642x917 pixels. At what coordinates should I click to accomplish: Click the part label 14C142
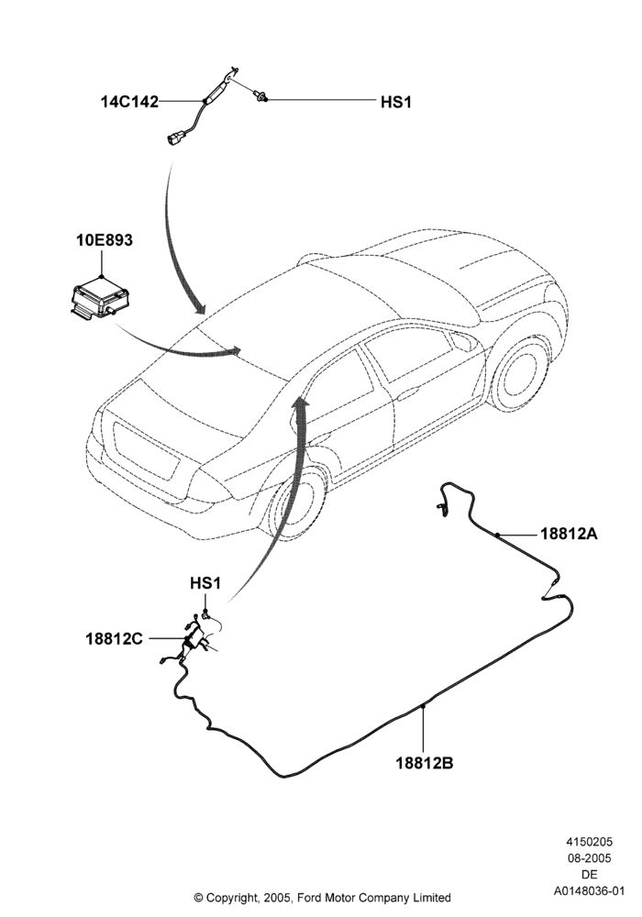pos(129,102)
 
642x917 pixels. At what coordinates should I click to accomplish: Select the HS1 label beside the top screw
pos(396,103)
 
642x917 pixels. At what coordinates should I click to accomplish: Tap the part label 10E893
pos(104,239)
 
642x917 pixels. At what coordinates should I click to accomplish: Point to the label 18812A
pos(569,534)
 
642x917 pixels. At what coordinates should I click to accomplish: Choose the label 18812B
pos(425,763)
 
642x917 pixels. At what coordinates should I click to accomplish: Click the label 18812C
pos(115,638)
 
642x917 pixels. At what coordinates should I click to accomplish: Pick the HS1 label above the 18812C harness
pos(205,583)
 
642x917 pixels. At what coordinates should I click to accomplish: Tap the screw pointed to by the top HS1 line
pos(260,95)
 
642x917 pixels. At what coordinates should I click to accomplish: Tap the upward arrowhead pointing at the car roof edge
pos(301,403)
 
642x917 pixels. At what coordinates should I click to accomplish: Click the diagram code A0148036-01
pos(590,891)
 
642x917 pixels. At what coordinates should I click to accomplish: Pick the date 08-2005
pos(590,858)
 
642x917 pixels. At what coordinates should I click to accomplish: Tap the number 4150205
pos(590,842)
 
